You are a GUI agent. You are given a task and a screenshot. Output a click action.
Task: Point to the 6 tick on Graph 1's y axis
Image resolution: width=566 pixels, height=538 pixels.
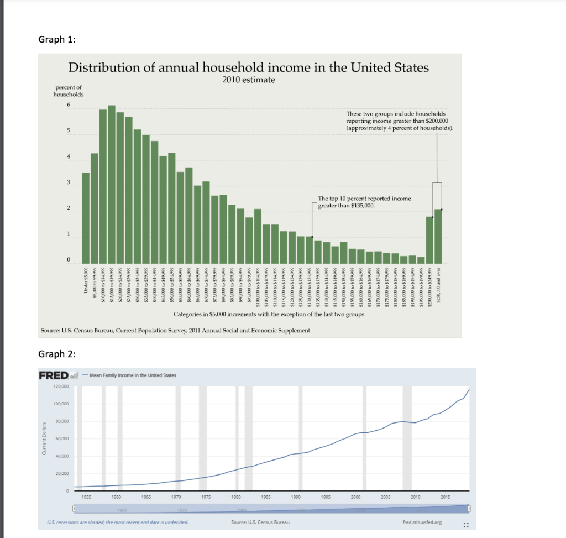[69, 105]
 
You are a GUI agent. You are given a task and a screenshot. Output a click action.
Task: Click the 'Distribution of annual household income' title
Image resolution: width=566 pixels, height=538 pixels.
[248, 68]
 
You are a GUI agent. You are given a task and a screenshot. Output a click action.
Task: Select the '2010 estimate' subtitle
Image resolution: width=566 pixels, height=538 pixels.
[248, 80]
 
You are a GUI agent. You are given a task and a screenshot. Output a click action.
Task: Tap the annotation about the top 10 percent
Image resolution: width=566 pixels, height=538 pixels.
[364, 201]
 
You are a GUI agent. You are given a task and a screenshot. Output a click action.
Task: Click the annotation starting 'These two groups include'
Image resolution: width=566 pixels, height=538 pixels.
[399, 120]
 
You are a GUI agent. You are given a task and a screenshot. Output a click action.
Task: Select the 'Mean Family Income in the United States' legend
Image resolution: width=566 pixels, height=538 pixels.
[132, 375]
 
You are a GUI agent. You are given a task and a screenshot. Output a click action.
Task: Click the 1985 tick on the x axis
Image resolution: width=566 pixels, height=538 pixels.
[268, 497]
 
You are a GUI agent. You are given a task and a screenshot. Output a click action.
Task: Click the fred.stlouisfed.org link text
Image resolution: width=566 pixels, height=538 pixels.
[420, 521]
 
